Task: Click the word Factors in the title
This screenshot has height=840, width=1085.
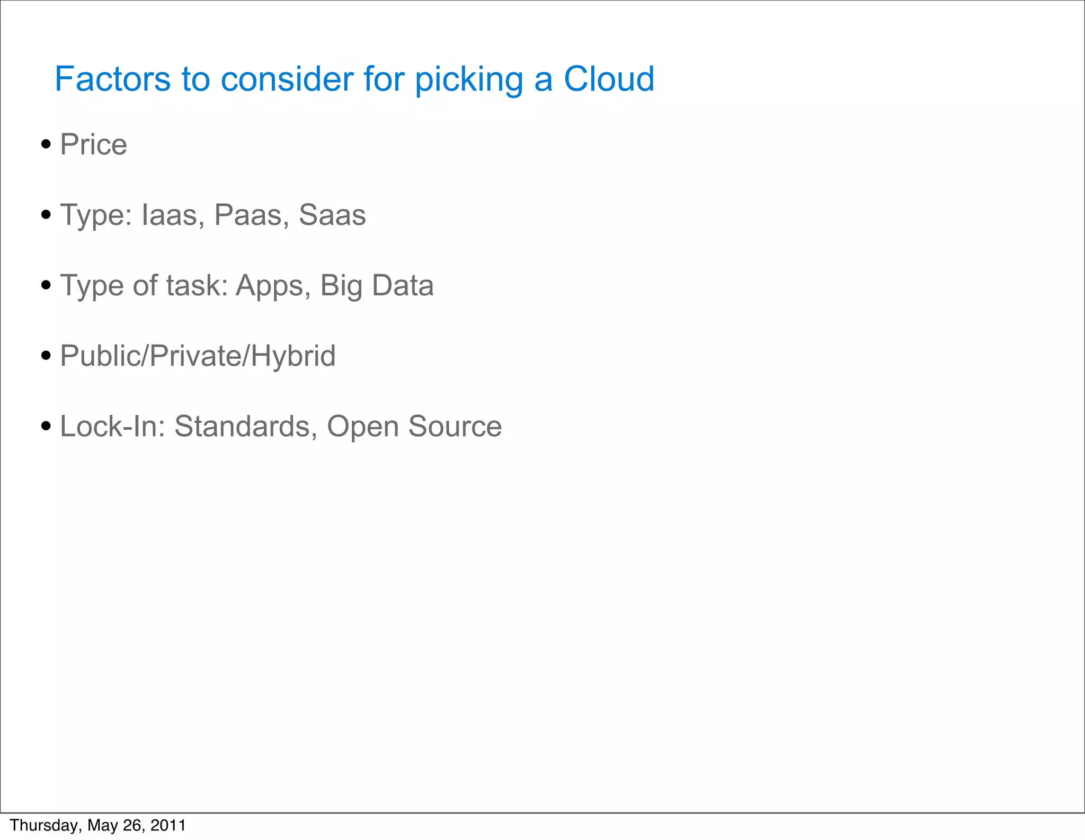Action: [112, 79]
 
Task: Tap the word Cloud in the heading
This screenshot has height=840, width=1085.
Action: [609, 79]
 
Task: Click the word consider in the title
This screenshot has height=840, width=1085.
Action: [287, 79]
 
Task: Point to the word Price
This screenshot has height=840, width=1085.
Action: [94, 144]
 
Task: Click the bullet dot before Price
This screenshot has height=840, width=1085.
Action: [46, 144]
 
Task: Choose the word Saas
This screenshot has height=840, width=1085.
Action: [332, 215]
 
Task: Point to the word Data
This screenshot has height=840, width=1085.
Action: [403, 285]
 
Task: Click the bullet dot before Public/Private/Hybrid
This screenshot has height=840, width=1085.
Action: [46, 355]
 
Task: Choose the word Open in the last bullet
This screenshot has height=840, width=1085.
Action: [362, 427]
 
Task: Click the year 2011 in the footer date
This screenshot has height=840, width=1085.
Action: [168, 825]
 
